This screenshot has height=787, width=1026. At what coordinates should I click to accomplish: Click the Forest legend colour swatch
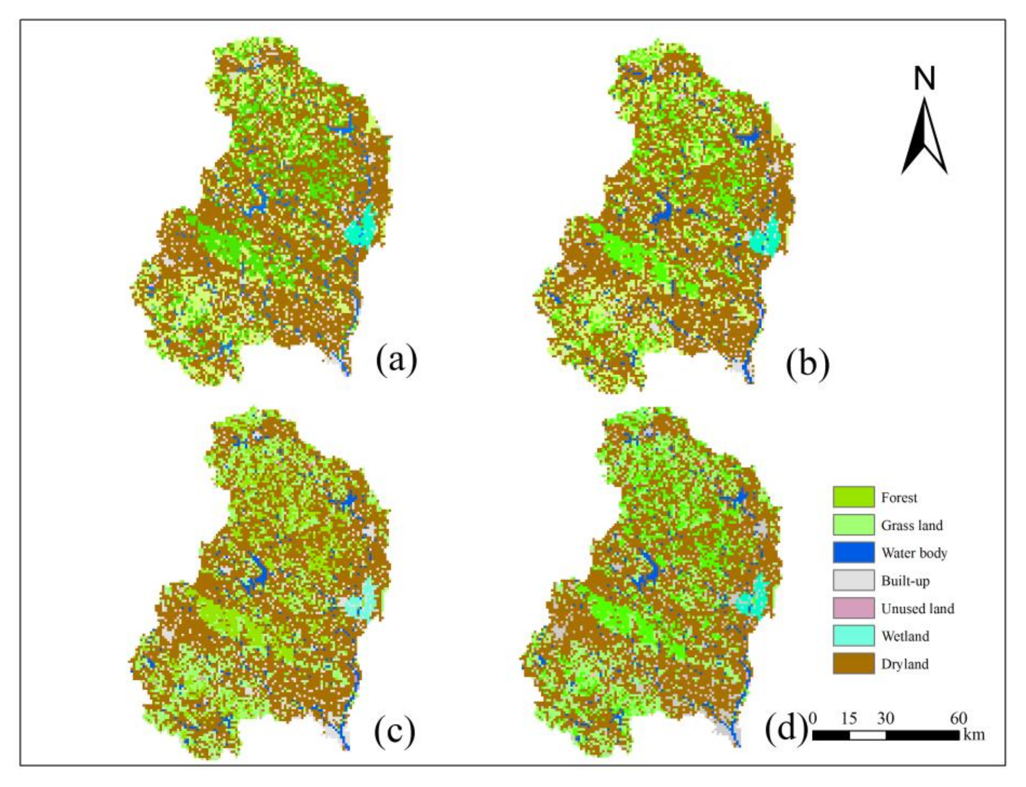[853, 497]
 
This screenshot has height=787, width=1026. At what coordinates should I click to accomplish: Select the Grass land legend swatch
[853, 525]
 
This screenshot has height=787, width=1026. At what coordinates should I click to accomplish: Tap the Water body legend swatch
[853, 552]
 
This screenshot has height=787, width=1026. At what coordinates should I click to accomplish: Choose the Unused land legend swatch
[853, 608]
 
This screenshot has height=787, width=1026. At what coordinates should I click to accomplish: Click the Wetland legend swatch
[853, 636]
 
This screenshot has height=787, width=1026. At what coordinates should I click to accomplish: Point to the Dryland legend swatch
[853, 664]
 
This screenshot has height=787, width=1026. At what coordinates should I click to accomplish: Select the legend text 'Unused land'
[917, 609]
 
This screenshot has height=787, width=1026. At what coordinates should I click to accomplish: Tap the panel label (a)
[396, 360]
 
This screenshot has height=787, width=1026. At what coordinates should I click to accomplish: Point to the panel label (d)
[786, 728]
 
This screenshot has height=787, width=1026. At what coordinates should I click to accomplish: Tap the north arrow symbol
[924, 138]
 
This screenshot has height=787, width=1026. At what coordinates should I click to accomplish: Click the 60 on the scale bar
[958, 718]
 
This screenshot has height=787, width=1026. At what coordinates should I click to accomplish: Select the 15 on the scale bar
[849, 718]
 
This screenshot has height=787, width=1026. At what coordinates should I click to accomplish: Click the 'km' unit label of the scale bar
[974, 734]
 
